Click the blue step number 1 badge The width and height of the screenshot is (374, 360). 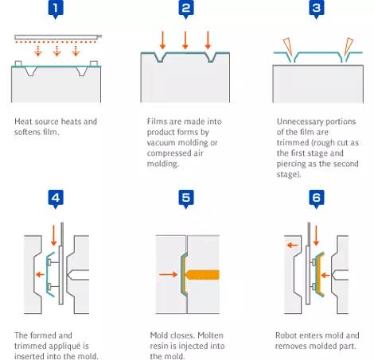[56, 10]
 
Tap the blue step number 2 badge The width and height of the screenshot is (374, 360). [186, 10]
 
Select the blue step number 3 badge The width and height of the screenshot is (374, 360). [317, 10]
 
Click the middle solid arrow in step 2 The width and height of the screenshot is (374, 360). [185, 40]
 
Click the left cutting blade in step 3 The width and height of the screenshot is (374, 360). [287, 47]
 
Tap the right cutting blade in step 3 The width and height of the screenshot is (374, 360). [349, 47]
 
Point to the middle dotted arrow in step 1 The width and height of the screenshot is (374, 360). [56, 51]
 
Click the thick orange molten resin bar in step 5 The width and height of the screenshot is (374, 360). [202, 275]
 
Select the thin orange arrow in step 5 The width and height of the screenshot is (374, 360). [169, 274]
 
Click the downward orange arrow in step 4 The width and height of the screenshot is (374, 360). [53, 235]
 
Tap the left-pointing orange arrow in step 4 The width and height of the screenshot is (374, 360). [40, 274]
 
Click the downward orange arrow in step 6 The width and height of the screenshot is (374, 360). [316, 235]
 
